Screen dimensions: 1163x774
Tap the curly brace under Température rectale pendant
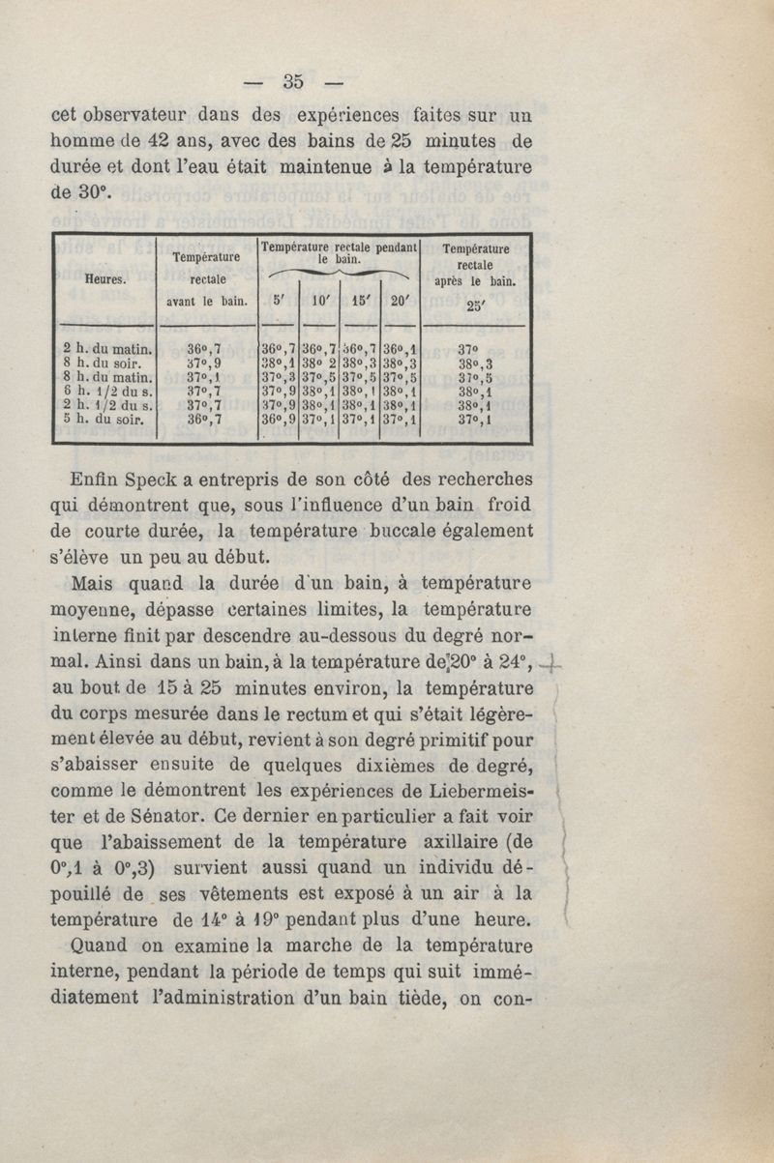(x=339, y=276)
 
